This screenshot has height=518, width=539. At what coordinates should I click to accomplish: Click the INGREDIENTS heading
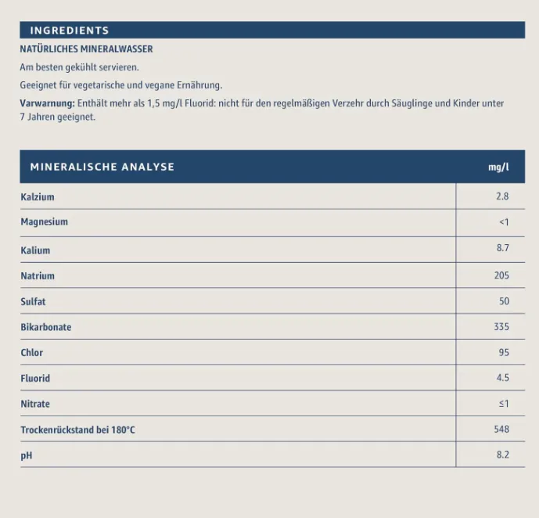[x=70, y=31]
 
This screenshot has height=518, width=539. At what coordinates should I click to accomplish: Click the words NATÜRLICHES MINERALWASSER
[x=86, y=49]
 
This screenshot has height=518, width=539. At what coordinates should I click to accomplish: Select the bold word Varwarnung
[x=47, y=103]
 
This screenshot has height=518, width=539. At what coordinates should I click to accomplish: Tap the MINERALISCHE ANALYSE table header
[x=102, y=167]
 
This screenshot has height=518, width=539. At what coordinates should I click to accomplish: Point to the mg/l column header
[x=498, y=167]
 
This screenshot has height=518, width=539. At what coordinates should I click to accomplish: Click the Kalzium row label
[x=38, y=197]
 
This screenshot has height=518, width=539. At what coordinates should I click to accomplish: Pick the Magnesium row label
[x=44, y=222]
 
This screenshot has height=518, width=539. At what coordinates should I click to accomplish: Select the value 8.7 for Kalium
[x=502, y=248]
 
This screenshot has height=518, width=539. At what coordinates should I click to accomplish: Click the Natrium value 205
[x=501, y=275]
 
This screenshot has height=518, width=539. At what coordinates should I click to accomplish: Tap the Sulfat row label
[x=33, y=301]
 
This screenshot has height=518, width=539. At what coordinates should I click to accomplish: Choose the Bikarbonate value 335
[x=501, y=326]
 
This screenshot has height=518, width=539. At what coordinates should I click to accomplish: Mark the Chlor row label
[x=32, y=353]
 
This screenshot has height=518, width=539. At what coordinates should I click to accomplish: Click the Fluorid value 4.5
[x=502, y=378]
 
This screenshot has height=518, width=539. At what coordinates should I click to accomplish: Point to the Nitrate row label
[x=35, y=404]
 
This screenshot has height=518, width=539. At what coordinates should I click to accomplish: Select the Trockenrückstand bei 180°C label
[x=77, y=430]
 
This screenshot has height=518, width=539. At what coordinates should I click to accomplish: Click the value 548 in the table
[x=501, y=429]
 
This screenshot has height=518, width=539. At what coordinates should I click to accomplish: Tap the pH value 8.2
[x=502, y=455]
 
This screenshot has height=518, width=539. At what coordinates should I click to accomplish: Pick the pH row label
[x=26, y=455]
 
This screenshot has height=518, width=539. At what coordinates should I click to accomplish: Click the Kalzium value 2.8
[x=502, y=196]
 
